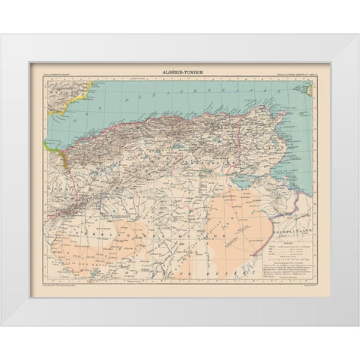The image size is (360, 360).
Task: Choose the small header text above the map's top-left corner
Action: click(52, 73)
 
